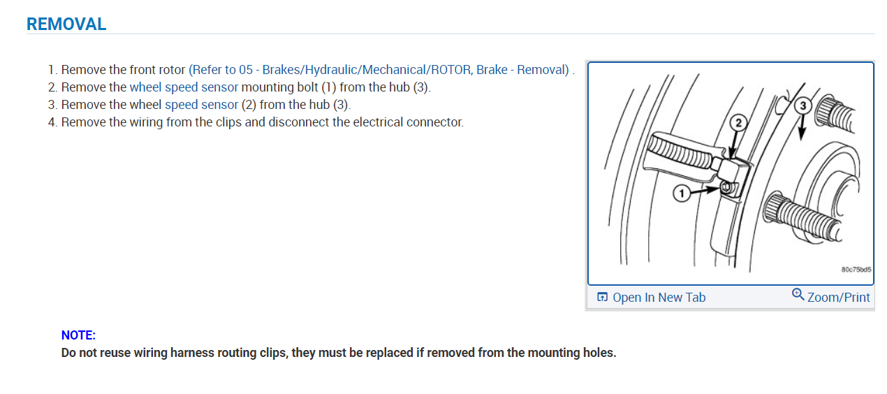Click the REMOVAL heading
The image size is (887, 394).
(66, 24)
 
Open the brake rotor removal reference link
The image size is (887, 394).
(379, 70)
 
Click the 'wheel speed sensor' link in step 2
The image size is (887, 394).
(184, 87)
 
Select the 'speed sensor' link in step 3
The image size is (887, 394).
(201, 105)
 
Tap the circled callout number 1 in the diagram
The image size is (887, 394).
(682, 193)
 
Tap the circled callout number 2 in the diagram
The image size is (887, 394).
(737, 124)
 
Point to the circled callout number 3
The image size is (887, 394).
(803, 106)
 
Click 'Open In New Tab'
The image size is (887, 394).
(659, 298)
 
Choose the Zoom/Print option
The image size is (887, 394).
(838, 298)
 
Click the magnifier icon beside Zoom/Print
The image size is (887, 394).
(798, 295)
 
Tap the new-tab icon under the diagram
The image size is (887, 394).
(602, 298)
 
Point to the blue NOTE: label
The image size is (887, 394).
(78, 335)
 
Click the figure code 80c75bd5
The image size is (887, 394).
(856, 270)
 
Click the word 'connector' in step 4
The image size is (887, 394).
(436, 122)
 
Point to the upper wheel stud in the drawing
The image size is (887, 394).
(841, 115)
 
